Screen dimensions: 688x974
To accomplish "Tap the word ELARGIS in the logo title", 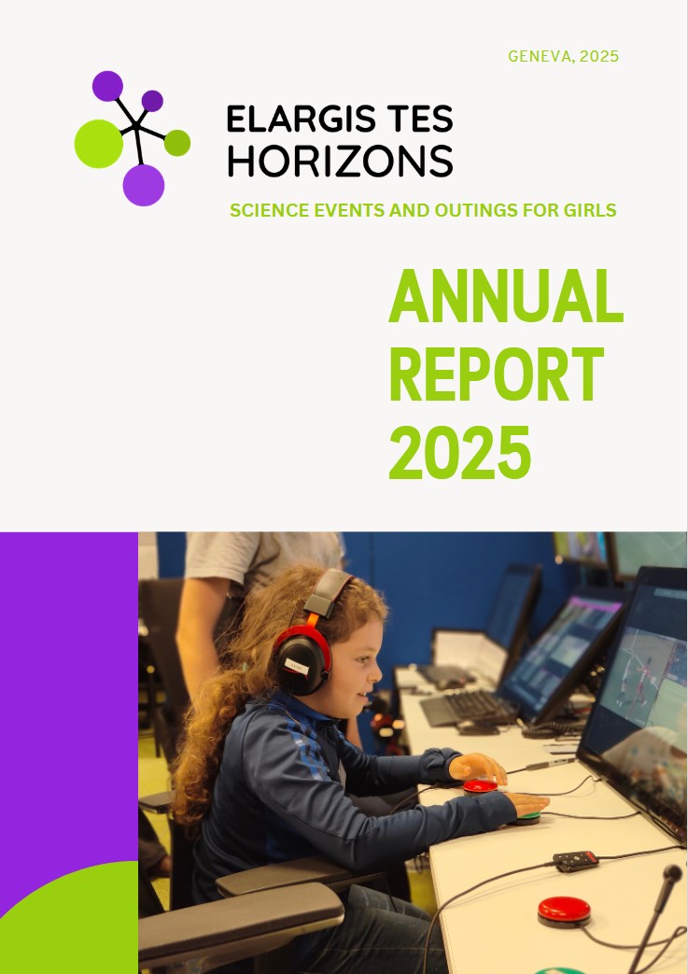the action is pyautogui.click(x=292, y=119).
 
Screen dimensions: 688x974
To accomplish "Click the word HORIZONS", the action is pyautogui.click(x=341, y=161).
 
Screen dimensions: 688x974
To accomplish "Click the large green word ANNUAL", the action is pyautogui.click(x=505, y=296).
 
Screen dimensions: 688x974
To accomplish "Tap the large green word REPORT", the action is pyautogui.click(x=496, y=374).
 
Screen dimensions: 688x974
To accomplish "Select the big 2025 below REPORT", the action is pyautogui.click(x=460, y=452).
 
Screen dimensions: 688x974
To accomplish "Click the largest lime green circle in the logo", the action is pyautogui.click(x=99, y=144).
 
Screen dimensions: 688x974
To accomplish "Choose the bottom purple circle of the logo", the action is pyautogui.click(x=144, y=185).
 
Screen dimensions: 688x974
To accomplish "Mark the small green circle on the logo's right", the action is pyautogui.click(x=177, y=143).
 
